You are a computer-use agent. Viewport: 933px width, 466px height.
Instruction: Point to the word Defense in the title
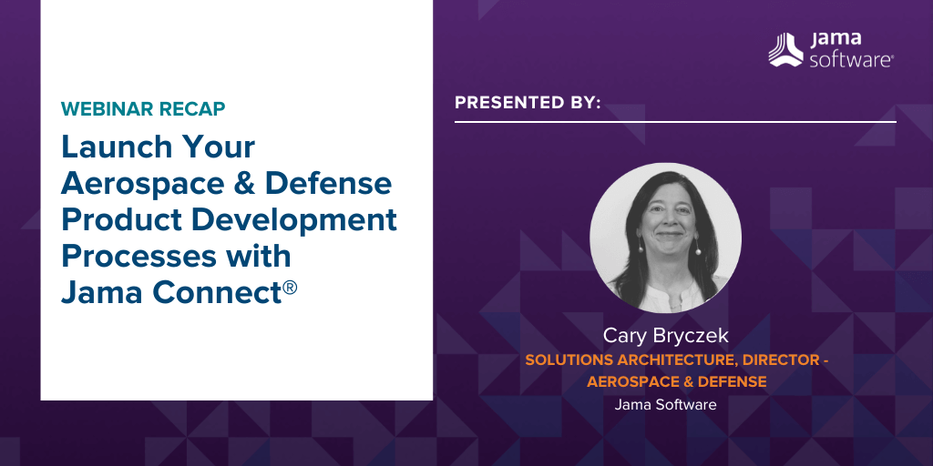pos(328,184)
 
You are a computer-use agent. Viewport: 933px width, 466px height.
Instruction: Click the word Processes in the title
pos(134,257)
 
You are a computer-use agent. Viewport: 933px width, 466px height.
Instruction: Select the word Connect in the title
pos(217,293)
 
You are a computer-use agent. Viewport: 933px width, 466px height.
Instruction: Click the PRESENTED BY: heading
pos(528,103)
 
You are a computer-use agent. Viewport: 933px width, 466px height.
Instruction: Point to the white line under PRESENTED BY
pos(675,122)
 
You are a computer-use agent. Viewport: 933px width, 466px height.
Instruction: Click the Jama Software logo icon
pos(785,49)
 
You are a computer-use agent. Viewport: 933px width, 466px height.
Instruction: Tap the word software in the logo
pos(851,59)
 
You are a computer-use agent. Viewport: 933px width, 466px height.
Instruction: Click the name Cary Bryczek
pos(665,336)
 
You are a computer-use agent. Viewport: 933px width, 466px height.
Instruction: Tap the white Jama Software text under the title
pos(665,405)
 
